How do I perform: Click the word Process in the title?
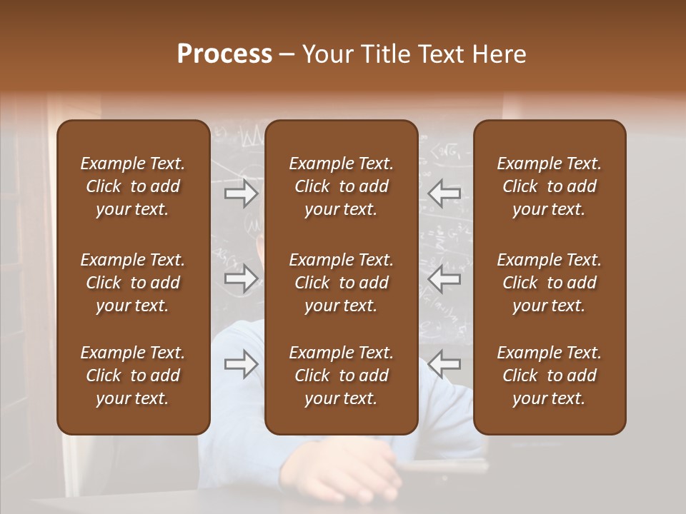224,54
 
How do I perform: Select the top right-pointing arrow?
242,193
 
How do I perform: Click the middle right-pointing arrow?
242,278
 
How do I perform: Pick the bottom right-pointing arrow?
242,364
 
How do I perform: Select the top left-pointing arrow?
444,193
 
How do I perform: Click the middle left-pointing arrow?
444,278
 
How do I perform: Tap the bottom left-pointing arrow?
444,364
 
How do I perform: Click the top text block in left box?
133,186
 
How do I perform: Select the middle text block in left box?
133,283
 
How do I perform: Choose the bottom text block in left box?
133,376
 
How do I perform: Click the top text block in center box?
341,186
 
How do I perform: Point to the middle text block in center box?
341,283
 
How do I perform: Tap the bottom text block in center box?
341,376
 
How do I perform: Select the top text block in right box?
549,186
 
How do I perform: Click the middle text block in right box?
549,283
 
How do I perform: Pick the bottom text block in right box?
549,376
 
